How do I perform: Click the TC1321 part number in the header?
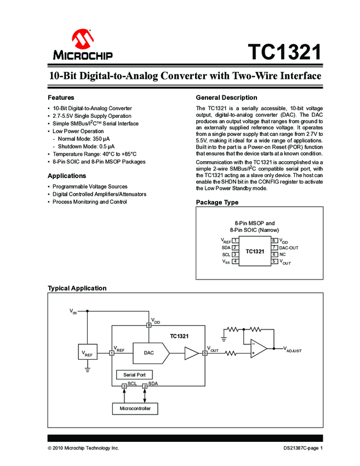click(284, 53)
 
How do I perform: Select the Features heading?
click(61, 97)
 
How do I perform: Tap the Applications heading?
click(67, 176)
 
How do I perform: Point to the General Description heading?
click(226, 97)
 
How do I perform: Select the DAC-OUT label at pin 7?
click(289, 248)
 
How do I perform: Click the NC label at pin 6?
click(283, 254)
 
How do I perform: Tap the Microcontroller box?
click(134, 409)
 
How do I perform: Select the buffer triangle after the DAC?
click(191, 354)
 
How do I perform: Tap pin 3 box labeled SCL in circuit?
click(124, 387)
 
